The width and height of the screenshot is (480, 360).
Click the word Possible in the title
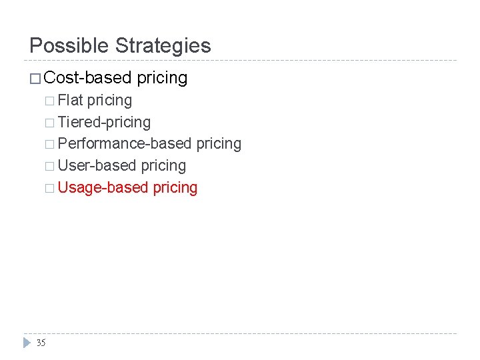coord(69,46)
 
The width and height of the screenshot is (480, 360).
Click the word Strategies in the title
coord(163,46)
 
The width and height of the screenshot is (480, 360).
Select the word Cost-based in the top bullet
coord(87,78)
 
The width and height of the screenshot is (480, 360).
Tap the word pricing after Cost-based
coord(162,78)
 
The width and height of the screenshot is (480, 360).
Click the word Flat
coord(71,100)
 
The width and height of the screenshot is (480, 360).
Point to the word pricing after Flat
coord(110,100)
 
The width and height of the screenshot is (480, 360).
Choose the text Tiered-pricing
coord(104,122)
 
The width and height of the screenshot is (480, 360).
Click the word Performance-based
coord(125,143)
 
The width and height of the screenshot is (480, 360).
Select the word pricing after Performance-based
coord(219,143)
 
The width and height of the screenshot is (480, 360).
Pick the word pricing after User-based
coord(163,165)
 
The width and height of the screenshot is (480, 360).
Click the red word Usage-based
coord(103,187)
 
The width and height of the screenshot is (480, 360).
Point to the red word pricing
coord(175,187)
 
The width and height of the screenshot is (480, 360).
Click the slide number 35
coord(41,343)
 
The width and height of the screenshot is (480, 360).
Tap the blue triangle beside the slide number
coord(26,343)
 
